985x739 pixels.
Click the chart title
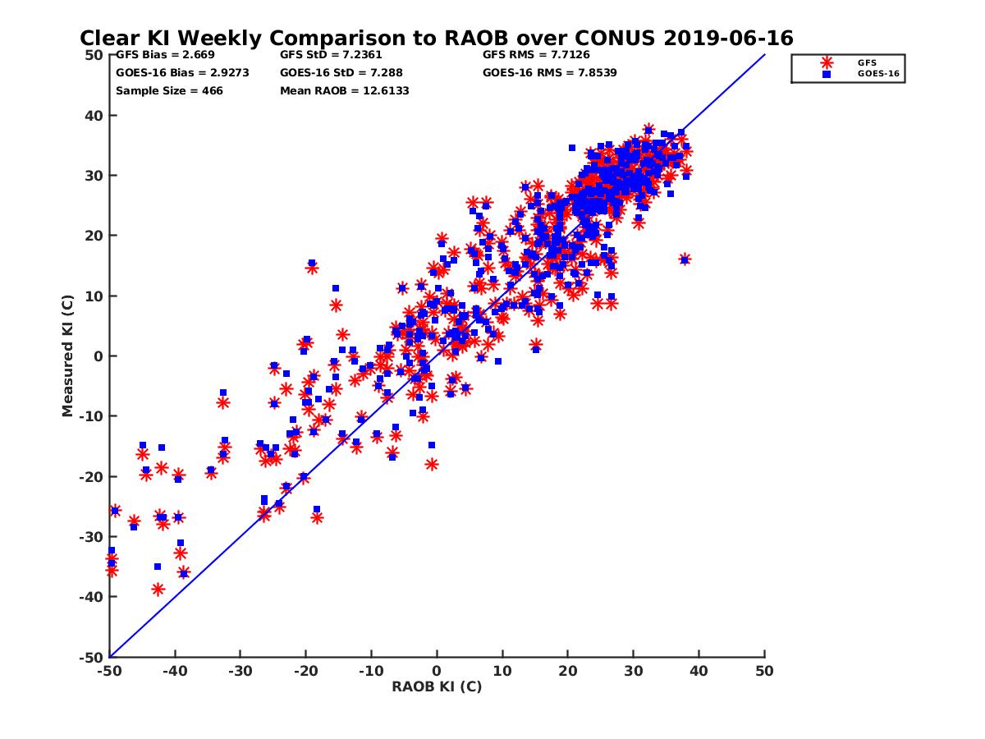click(x=436, y=39)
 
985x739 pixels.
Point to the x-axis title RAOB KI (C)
click(x=437, y=686)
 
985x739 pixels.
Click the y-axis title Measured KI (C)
click(x=68, y=356)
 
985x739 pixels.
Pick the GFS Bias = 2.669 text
click(x=165, y=56)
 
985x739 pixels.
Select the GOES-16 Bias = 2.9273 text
click(x=182, y=72)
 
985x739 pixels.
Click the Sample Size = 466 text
click(x=169, y=90)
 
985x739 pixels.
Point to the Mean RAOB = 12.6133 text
click(x=344, y=90)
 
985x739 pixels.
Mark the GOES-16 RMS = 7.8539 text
click(x=549, y=72)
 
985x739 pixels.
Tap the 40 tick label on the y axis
click(x=94, y=115)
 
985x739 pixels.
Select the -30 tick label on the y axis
click(x=92, y=537)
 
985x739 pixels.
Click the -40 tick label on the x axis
click(x=175, y=671)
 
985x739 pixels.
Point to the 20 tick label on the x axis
click(x=568, y=671)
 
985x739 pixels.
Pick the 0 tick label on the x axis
click(x=437, y=671)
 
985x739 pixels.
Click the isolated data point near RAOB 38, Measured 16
click(x=685, y=259)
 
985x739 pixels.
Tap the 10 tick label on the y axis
click(x=94, y=296)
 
